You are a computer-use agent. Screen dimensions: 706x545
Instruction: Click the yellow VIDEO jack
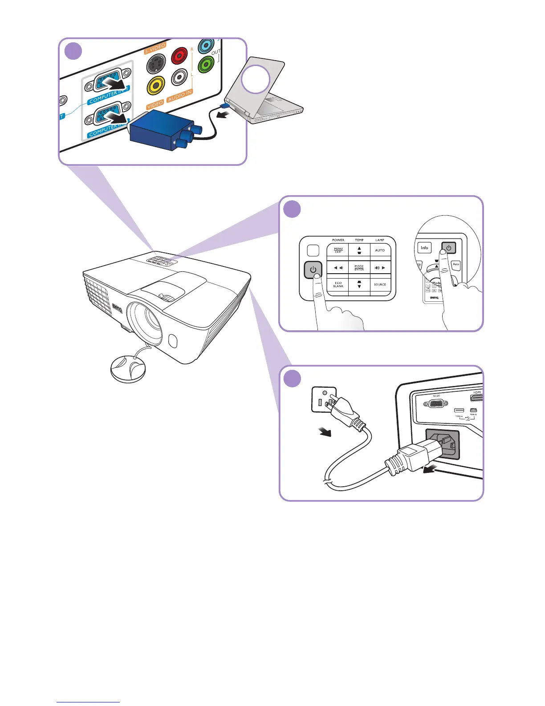(x=156, y=85)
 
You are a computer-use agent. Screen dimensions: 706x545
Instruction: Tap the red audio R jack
(x=180, y=57)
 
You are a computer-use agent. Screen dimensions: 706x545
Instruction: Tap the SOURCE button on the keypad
(x=380, y=284)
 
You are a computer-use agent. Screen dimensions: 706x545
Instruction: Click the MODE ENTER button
(x=359, y=268)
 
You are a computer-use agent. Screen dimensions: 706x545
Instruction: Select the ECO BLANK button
(x=338, y=284)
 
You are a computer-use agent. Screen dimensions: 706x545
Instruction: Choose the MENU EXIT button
(x=338, y=251)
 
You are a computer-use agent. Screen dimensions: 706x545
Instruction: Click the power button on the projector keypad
(x=313, y=270)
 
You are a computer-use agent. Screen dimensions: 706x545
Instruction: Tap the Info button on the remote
(x=424, y=248)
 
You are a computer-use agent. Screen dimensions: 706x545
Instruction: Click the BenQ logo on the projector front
(x=117, y=308)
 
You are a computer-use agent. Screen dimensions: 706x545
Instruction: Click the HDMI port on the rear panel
(x=477, y=398)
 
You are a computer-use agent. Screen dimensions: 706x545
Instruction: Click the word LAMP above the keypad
(x=380, y=240)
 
